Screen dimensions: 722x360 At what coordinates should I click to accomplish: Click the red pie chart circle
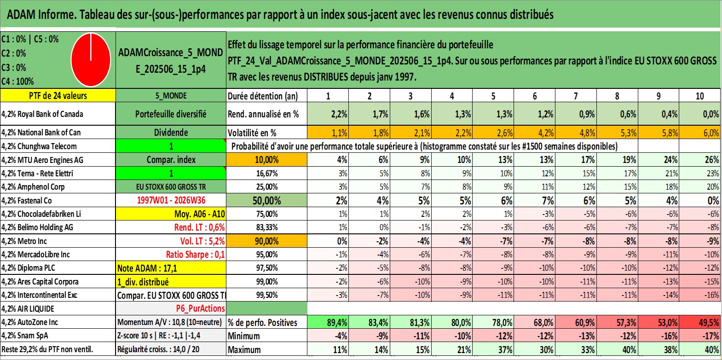click(91, 60)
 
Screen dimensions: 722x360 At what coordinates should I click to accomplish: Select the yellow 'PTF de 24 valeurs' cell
click(58, 95)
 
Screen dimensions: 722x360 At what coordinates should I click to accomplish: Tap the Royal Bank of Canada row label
click(42, 114)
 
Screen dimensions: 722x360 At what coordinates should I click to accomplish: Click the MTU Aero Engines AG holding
click(42, 160)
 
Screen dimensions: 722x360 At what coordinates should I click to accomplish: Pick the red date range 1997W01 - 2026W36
click(171, 200)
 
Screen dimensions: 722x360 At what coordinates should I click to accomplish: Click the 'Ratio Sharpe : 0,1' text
click(195, 255)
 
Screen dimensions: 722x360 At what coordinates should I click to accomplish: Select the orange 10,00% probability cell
click(266, 160)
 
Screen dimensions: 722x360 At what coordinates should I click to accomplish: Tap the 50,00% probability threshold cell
click(266, 200)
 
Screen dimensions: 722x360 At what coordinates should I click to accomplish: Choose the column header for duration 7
click(576, 96)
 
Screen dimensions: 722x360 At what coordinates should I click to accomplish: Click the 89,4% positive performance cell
click(328, 322)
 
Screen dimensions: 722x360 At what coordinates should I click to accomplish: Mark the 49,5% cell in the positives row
click(700, 322)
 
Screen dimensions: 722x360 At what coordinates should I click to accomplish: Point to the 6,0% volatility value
click(700, 133)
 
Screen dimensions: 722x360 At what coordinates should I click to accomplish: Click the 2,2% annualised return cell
click(328, 114)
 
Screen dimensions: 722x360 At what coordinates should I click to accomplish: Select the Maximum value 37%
click(493, 350)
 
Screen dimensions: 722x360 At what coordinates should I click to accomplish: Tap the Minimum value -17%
click(700, 336)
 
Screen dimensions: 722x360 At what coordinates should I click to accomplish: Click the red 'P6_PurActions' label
click(200, 309)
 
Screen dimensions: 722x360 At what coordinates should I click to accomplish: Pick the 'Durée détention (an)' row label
click(263, 96)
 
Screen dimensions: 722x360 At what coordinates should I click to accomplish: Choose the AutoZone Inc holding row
click(58, 322)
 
